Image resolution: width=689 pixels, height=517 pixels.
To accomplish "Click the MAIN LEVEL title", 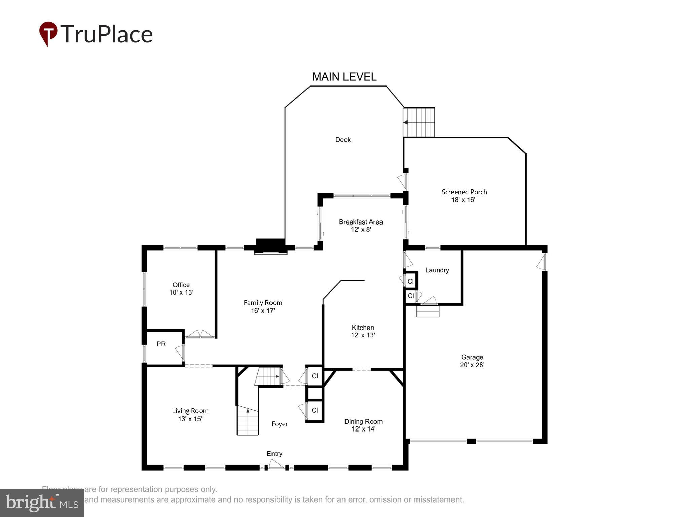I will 344,77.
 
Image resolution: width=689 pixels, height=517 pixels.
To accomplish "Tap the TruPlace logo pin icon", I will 48,33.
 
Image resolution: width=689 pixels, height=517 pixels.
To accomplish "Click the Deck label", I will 343,140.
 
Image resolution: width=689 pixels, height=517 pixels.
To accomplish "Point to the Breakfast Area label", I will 361,222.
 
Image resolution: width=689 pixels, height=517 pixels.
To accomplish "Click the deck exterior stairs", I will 419,122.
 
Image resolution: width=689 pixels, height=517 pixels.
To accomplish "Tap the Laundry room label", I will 437,270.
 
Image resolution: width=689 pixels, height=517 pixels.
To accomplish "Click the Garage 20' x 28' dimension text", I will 472,365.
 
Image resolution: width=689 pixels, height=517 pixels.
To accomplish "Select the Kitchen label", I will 363,328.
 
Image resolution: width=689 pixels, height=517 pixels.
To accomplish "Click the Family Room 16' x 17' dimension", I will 263,311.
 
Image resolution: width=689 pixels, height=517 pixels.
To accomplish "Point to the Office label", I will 181,285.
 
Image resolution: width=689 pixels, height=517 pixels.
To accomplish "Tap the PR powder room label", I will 161,344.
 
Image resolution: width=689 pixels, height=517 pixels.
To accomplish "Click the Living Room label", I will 190,411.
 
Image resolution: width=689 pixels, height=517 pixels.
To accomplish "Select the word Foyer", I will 279,424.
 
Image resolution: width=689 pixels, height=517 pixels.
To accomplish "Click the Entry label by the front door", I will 274,454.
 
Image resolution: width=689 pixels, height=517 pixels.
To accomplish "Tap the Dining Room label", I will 363,421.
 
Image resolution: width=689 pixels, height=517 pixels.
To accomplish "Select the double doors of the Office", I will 200,334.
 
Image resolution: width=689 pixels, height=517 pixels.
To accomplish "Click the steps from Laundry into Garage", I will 428,311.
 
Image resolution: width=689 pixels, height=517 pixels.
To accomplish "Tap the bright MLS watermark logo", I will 42,503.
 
